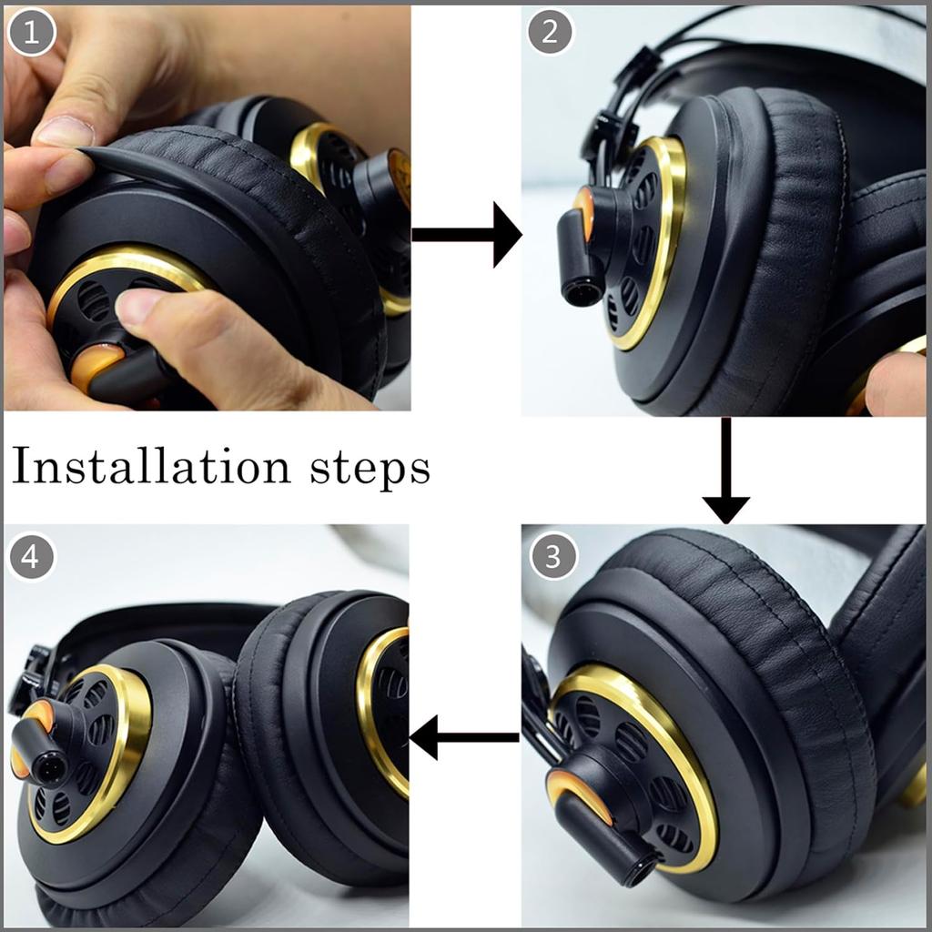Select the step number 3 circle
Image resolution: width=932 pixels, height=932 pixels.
553,555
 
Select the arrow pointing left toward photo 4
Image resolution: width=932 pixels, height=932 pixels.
464,736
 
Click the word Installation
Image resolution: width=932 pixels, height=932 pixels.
150,467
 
